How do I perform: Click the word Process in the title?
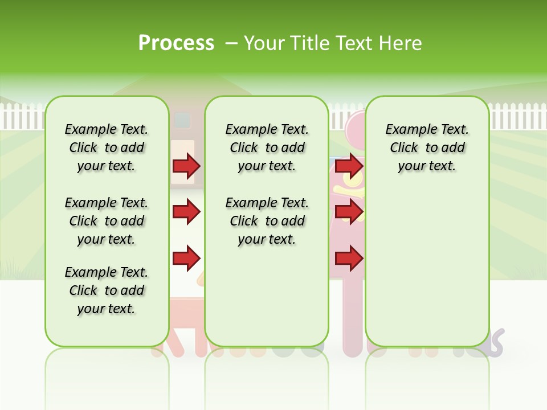tap(176, 43)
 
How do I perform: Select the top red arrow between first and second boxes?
tap(186, 166)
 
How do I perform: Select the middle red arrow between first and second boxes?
tap(186, 212)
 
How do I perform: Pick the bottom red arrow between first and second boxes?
tap(186, 259)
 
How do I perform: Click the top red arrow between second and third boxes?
tap(349, 166)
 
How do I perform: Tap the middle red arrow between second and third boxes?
tap(349, 212)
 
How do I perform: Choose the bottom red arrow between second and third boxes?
tap(349, 259)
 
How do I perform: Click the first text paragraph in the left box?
tap(107, 147)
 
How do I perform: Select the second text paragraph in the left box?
tap(107, 221)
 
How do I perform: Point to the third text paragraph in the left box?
tap(107, 290)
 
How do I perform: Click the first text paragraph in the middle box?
tap(267, 147)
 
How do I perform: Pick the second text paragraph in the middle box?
tap(267, 221)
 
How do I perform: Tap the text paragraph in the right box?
tap(427, 147)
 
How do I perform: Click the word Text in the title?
tap(355, 43)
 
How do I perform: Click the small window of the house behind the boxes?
tap(182, 120)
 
